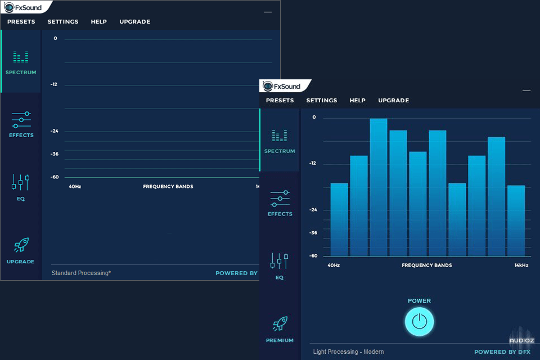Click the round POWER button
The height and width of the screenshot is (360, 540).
(419, 322)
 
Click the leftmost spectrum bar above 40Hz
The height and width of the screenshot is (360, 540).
(339, 219)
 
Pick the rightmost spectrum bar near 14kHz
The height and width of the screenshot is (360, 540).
(516, 220)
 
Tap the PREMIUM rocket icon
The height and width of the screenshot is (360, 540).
(280, 324)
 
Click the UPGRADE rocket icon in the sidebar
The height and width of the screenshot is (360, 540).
(21, 245)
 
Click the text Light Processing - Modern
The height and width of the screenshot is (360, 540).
(348, 352)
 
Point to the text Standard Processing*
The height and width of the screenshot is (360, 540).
(81, 273)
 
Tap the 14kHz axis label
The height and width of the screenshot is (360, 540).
(521, 265)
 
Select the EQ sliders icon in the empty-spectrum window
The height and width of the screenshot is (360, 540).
(20, 182)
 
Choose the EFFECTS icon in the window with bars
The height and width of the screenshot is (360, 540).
(280, 199)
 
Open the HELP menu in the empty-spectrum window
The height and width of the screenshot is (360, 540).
(99, 21)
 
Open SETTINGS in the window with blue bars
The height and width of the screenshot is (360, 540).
(322, 100)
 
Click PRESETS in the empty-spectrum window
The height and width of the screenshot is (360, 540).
(21, 21)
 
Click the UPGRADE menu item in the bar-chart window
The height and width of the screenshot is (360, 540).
(393, 100)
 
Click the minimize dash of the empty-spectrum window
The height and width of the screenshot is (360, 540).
(268, 12)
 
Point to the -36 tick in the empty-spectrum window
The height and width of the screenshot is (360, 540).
(55, 154)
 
